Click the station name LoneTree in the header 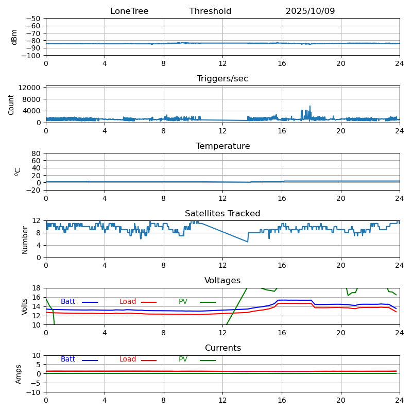click(129, 11)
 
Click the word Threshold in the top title click(210, 11)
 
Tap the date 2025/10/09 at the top click(310, 11)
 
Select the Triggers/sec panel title click(222, 79)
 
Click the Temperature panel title click(222, 146)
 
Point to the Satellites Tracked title click(222, 214)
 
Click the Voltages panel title click(222, 281)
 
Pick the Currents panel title click(222, 348)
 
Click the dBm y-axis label click(14, 37)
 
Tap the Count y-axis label click(11, 105)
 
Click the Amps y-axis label click(19, 374)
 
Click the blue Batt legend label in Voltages click(68, 302)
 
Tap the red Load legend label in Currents click(128, 359)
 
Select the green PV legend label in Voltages click(183, 302)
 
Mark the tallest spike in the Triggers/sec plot click(310, 107)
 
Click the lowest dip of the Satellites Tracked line click(248, 242)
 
